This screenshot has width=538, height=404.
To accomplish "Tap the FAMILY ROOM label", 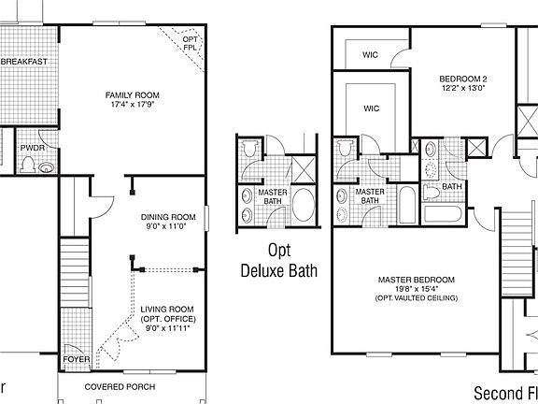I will pyautogui.click(x=132, y=95).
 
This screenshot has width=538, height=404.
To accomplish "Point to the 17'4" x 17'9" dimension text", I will pyautogui.click(x=132, y=105).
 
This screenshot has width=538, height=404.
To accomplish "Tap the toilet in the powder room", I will pyautogui.click(x=28, y=166).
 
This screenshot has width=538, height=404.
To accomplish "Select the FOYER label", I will pyautogui.click(x=76, y=359).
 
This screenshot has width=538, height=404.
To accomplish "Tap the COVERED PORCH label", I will pyautogui.click(x=120, y=386).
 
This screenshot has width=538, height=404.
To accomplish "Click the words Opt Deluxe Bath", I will pyautogui.click(x=279, y=261).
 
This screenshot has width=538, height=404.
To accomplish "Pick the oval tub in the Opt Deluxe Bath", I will pyautogui.click(x=304, y=204).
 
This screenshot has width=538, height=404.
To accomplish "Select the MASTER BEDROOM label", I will pyautogui.click(x=416, y=280).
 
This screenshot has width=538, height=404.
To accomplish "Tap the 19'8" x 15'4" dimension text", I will pyautogui.click(x=416, y=289).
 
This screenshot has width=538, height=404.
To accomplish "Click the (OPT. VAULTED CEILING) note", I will pyautogui.click(x=416, y=298).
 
